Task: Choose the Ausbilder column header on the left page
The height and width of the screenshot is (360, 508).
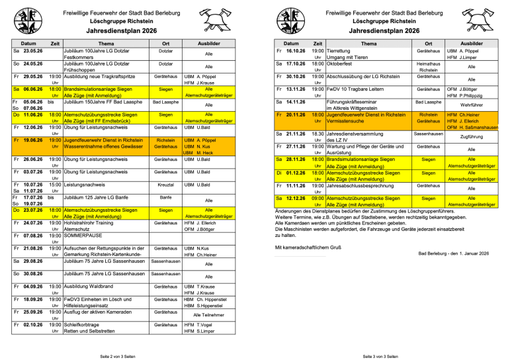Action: [x=209, y=42]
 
